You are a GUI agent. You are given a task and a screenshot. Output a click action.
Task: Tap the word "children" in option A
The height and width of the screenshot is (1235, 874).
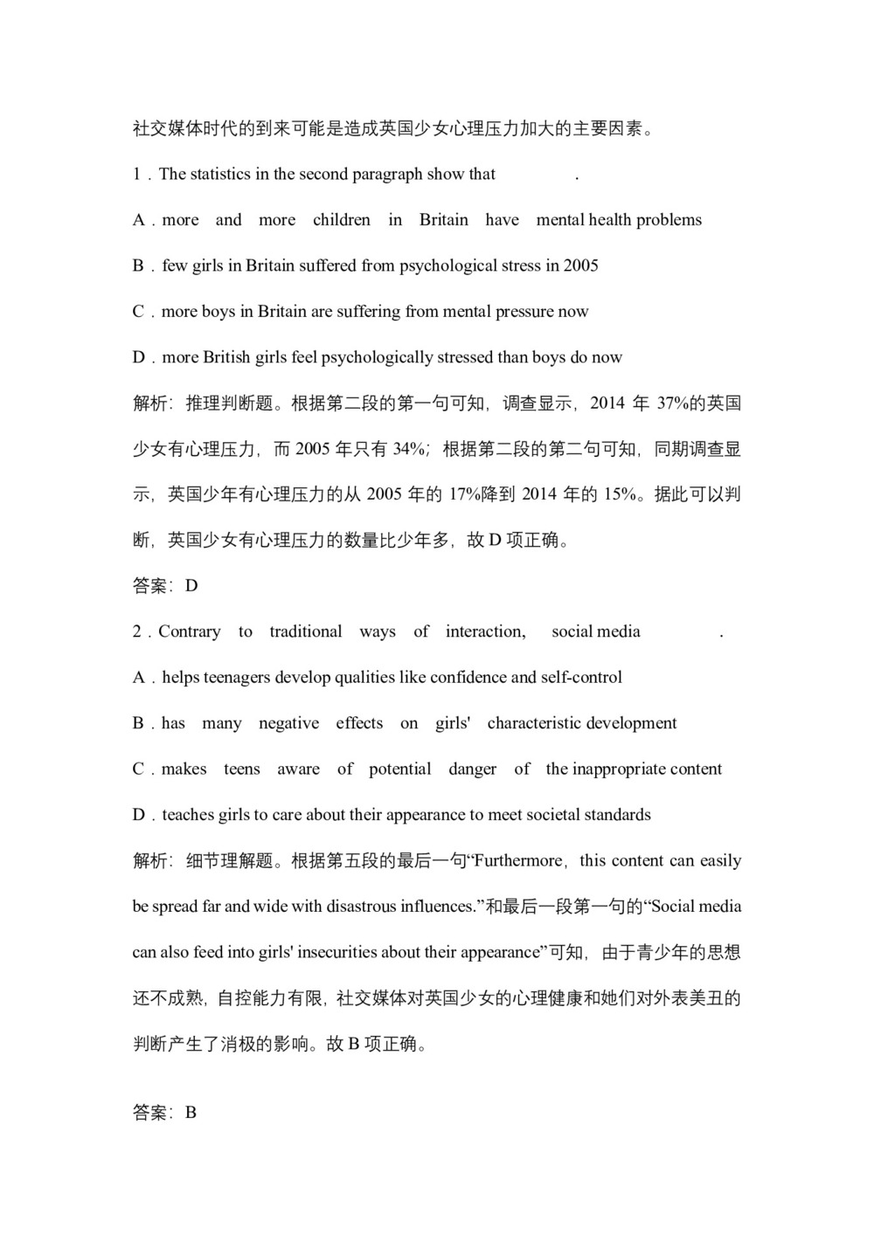(x=342, y=220)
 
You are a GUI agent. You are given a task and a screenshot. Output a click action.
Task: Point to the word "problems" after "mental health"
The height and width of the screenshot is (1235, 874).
(x=669, y=220)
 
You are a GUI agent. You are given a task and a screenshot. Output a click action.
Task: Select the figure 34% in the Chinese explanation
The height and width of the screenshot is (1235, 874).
(x=409, y=449)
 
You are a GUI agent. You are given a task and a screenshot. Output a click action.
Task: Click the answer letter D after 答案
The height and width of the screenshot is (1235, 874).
(x=191, y=586)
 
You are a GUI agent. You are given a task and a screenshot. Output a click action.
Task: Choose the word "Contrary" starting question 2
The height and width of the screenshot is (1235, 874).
(x=190, y=631)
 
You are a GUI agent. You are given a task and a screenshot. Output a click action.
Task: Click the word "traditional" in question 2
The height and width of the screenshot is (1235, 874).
(x=306, y=631)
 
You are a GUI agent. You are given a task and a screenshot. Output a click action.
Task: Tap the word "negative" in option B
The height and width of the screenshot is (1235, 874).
(x=288, y=723)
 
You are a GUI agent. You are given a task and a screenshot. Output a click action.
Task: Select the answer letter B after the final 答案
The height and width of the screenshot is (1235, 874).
(x=191, y=1113)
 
